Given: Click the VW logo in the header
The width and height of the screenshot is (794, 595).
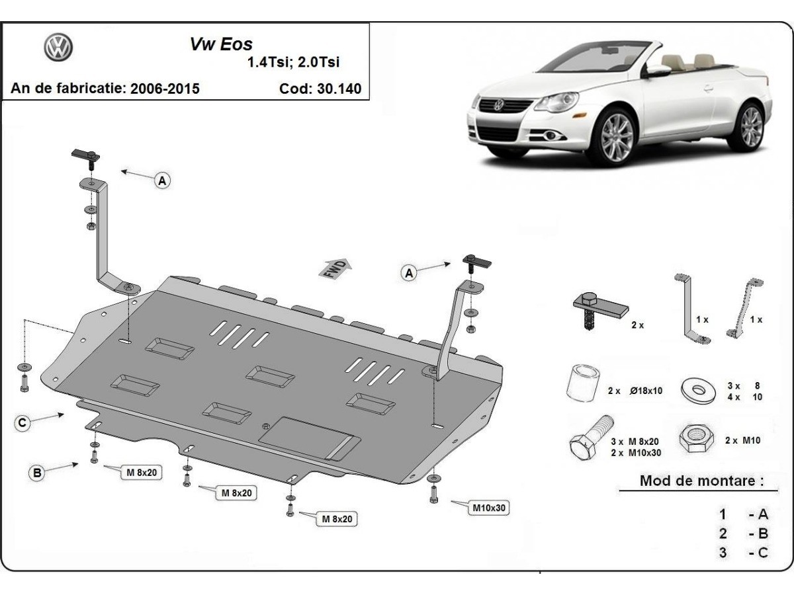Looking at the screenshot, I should [58, 48].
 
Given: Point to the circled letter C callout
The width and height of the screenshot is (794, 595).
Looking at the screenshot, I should [22, 423].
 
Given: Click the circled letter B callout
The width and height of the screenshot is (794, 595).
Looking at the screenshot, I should [38, 472].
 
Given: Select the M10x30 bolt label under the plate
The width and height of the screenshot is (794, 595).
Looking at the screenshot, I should [489, 508].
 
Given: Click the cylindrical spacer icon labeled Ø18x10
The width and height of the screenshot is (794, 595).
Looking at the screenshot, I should [582, 384].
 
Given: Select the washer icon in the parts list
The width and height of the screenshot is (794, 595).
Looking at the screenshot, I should [698, 389].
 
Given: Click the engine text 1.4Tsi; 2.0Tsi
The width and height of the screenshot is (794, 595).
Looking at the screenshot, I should [292, 63].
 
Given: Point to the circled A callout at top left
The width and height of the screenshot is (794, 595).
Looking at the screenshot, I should [162, 180].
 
